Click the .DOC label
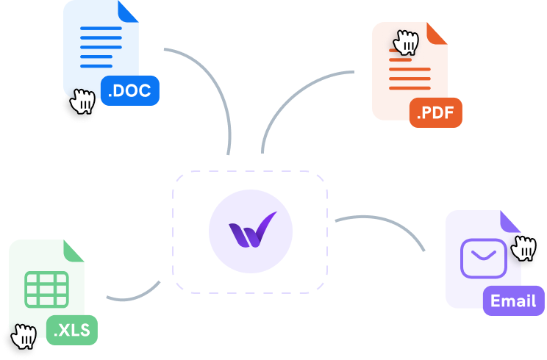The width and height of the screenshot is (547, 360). pos(129,92)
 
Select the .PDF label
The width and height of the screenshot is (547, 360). pos(435,114)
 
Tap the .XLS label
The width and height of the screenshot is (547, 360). pos(71,331)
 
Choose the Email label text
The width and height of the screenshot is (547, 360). pos(513,300)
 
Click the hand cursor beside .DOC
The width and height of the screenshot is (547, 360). pos(83,102)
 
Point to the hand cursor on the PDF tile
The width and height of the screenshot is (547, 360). pos(405,43)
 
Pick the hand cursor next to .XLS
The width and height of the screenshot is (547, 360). pos(21,336)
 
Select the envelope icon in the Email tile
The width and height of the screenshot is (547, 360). pos(483,258)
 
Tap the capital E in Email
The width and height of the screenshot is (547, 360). pos(496,300)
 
